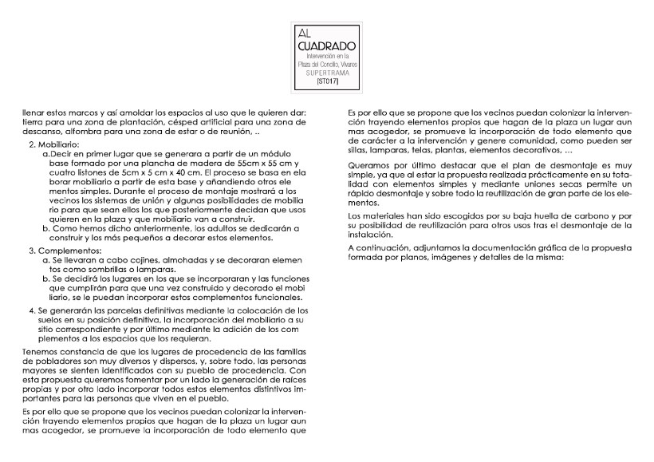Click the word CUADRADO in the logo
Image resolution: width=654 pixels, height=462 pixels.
tap(327, 49)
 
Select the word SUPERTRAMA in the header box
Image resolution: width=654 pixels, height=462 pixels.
tap(328, 73)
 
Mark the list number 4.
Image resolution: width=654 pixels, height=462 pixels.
tap(32, 310)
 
